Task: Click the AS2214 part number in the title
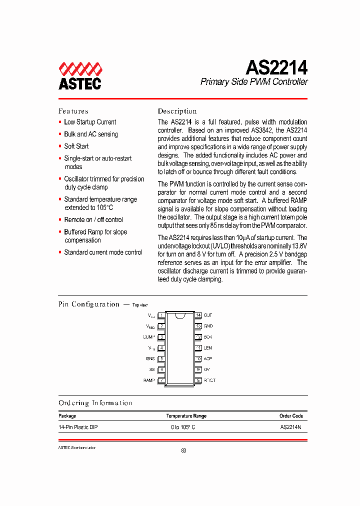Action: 276,66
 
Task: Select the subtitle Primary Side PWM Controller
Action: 254,82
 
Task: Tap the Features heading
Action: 73,111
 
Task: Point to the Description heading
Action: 177,111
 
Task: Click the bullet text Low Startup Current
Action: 90,122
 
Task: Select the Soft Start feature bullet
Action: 76,146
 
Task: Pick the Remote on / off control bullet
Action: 93,220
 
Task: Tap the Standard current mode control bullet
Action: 103,252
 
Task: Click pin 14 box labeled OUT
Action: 198,315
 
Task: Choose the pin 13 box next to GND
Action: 198,326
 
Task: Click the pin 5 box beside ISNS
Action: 161,358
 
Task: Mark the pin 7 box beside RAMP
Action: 161,380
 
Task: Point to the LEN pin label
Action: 208,348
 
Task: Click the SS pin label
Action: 151,369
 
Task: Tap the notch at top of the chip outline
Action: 180,315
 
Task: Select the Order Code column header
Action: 291,416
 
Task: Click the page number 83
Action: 183,451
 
